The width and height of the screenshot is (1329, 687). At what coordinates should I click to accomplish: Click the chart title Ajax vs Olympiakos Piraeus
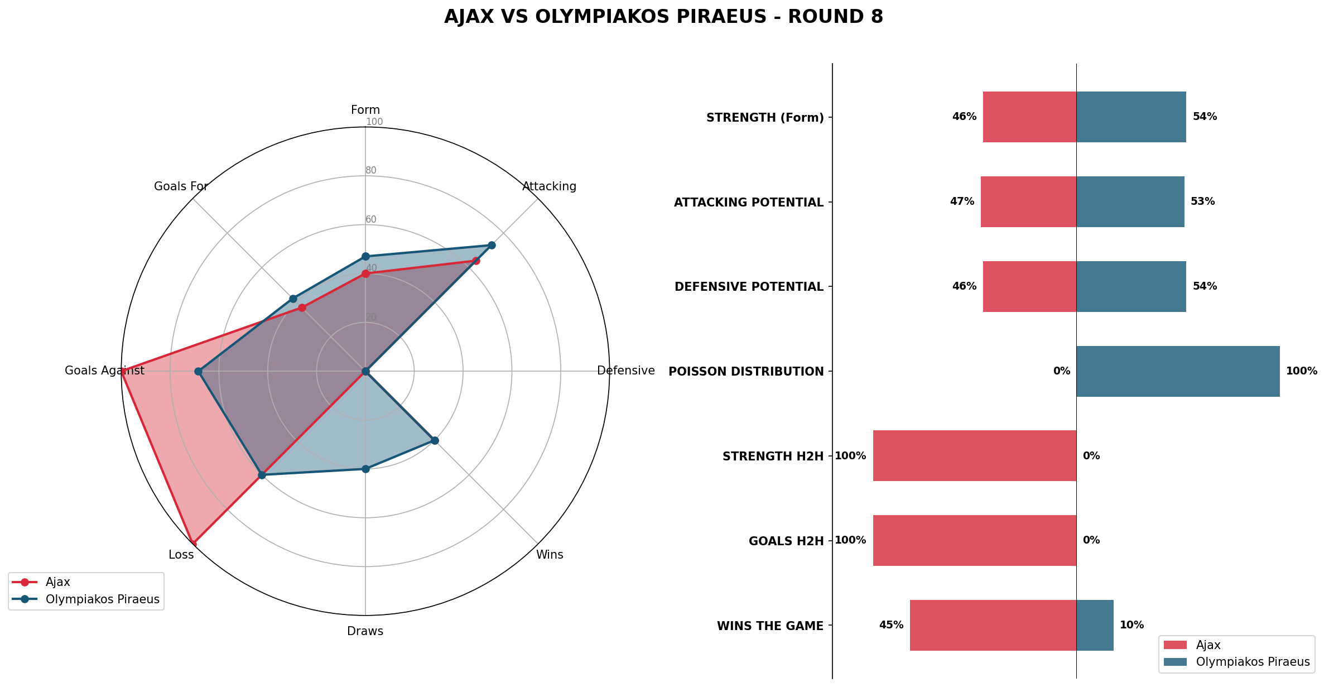click(663, 17)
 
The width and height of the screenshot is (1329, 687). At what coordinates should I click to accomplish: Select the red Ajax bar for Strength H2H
click(974, 455)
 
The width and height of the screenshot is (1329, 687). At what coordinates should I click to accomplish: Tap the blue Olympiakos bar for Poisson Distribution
click(1177, 371)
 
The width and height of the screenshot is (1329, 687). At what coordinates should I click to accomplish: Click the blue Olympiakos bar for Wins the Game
click(1095, 625)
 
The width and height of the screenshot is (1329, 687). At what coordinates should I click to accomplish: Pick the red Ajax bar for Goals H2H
click(974, 540)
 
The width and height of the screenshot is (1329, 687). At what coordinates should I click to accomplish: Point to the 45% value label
click(891, 625)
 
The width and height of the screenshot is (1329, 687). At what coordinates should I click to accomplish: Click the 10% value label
click(1131, 625)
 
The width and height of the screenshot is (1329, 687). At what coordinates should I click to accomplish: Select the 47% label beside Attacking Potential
click(962, 201)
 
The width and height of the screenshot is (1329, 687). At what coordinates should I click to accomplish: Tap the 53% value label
click(1202, 201)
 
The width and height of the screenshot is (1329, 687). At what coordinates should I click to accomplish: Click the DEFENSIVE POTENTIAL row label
click(749, 287)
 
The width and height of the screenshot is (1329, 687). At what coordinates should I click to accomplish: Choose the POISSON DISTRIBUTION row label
click(746, 372)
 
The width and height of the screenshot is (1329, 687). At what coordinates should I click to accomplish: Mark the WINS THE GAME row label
click(770, 626)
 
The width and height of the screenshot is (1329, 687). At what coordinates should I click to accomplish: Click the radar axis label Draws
click(365, 631)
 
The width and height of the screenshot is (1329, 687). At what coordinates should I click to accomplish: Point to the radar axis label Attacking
click(549, 186)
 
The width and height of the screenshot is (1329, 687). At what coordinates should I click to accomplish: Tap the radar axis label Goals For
click(181, 186)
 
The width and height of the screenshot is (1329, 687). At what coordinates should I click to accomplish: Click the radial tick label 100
click(374, 122)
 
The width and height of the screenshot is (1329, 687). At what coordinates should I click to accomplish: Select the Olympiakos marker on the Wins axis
click(435, 440)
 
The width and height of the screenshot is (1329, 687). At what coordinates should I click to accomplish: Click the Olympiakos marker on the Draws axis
click(365, 469)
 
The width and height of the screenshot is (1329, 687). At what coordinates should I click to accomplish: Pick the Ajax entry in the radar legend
click(57, 582)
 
